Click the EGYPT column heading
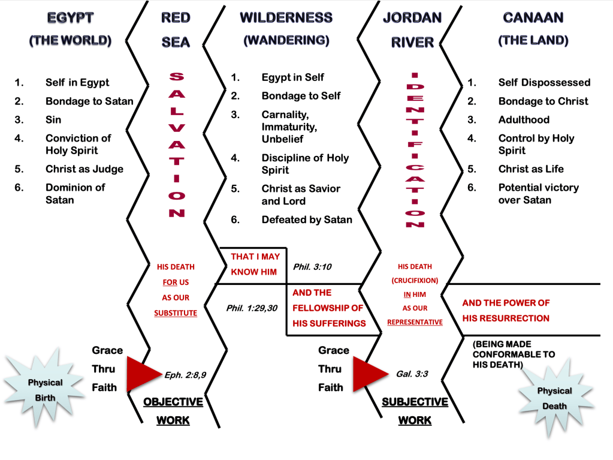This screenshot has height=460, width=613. [x=71, y=18]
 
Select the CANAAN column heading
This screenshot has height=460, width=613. [x=533, y=18]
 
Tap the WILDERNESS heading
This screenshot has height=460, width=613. [x=286, y=18]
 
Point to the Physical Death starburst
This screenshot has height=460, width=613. [x=554, y=398]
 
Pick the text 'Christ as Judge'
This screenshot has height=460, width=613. [x=84, y=169]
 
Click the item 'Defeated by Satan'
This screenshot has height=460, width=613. [x=307, y=220]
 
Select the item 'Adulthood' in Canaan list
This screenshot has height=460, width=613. [x=524, y=120]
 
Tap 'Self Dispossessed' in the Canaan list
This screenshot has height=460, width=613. [x=544, y=83]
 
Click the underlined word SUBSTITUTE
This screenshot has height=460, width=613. [x=176, y=312]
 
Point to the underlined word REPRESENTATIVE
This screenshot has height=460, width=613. [x=415, y=322]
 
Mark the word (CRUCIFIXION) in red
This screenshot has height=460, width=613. [x=415, y=280]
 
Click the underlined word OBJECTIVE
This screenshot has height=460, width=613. [x=173, y=402]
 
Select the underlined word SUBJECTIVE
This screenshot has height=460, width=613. [x=415, y=402]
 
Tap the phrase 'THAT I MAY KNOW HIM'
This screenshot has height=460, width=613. [x=255, y=264]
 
